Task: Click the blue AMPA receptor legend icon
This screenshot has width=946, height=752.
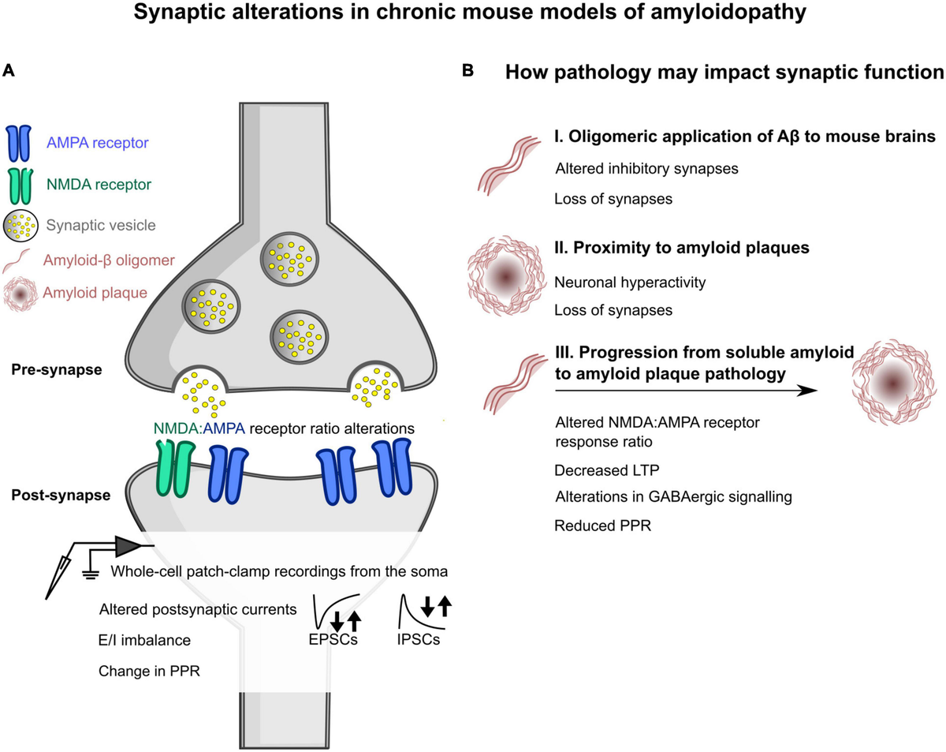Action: click(18, 144)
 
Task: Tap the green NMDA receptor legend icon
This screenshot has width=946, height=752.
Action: click(20, 186)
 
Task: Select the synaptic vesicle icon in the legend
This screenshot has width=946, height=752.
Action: click(20, 226)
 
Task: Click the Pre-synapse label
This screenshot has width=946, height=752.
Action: click(56, 369)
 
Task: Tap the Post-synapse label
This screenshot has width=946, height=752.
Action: click(61, 495)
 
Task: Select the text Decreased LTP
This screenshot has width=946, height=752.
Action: click(607, 470)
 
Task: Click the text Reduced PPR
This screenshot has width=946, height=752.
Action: click(602, 526)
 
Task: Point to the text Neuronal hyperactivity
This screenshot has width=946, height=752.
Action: click(630, 282)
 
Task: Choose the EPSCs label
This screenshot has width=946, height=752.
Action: click(333, 639)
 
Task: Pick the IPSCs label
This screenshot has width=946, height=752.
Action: click(418, 639)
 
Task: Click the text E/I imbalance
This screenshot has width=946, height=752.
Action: click(144, 640)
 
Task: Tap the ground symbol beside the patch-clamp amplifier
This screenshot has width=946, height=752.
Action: click(90, 573)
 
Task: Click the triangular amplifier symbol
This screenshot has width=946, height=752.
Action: click(127, 546)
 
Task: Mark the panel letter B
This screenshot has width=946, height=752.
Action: click(467, 70)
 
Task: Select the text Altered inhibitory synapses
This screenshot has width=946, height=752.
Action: click(646, 169)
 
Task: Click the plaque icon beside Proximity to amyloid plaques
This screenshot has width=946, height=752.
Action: click(505, 276)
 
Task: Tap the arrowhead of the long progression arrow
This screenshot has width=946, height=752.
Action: click(807, 391)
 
